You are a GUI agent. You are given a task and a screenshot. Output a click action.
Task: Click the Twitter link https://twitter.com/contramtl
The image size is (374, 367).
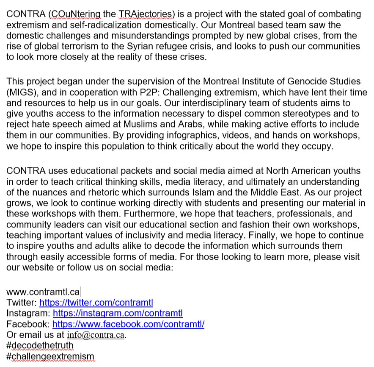point(96,303)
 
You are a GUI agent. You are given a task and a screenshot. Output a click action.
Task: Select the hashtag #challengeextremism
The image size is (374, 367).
point(50,356)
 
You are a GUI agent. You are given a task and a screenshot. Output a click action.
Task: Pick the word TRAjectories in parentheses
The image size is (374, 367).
point(143,14)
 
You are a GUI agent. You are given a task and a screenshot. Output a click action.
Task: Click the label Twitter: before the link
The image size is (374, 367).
point(22,303)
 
